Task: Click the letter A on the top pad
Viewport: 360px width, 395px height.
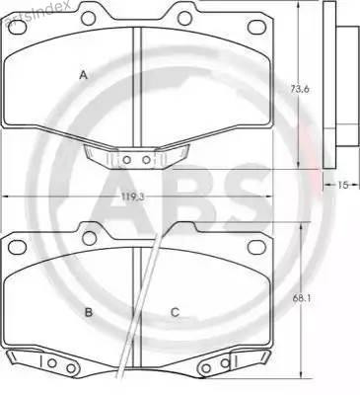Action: point(84,75)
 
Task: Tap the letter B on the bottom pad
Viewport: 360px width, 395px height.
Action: point(88,313)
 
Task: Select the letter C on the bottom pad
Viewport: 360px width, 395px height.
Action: point(175,313)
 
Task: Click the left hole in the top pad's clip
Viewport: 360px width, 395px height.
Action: point(125,158)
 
